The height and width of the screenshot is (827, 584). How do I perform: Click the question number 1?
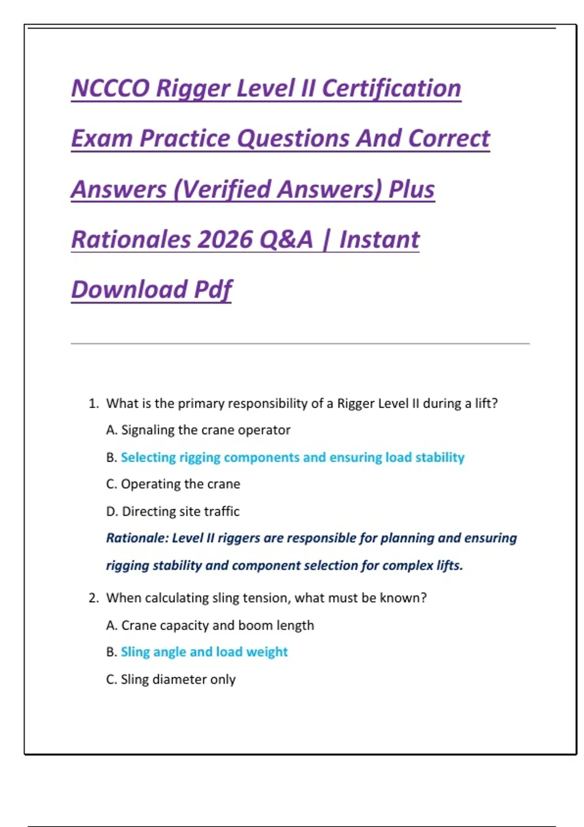click(93, 403)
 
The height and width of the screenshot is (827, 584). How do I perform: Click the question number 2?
click(93, 598)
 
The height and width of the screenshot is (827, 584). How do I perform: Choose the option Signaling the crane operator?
click(199, 430)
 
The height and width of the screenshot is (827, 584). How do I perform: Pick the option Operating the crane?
click(173, 484)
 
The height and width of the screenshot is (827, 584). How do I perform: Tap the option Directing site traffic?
click(173, 511)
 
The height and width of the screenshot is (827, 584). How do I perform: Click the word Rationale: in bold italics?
click(137, 538)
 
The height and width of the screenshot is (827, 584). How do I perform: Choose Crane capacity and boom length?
click(210, 625)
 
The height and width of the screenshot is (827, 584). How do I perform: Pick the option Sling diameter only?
click(171, 679)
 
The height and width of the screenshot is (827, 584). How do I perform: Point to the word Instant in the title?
click(380, 239)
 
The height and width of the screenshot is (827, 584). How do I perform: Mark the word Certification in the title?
click(392, 88)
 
